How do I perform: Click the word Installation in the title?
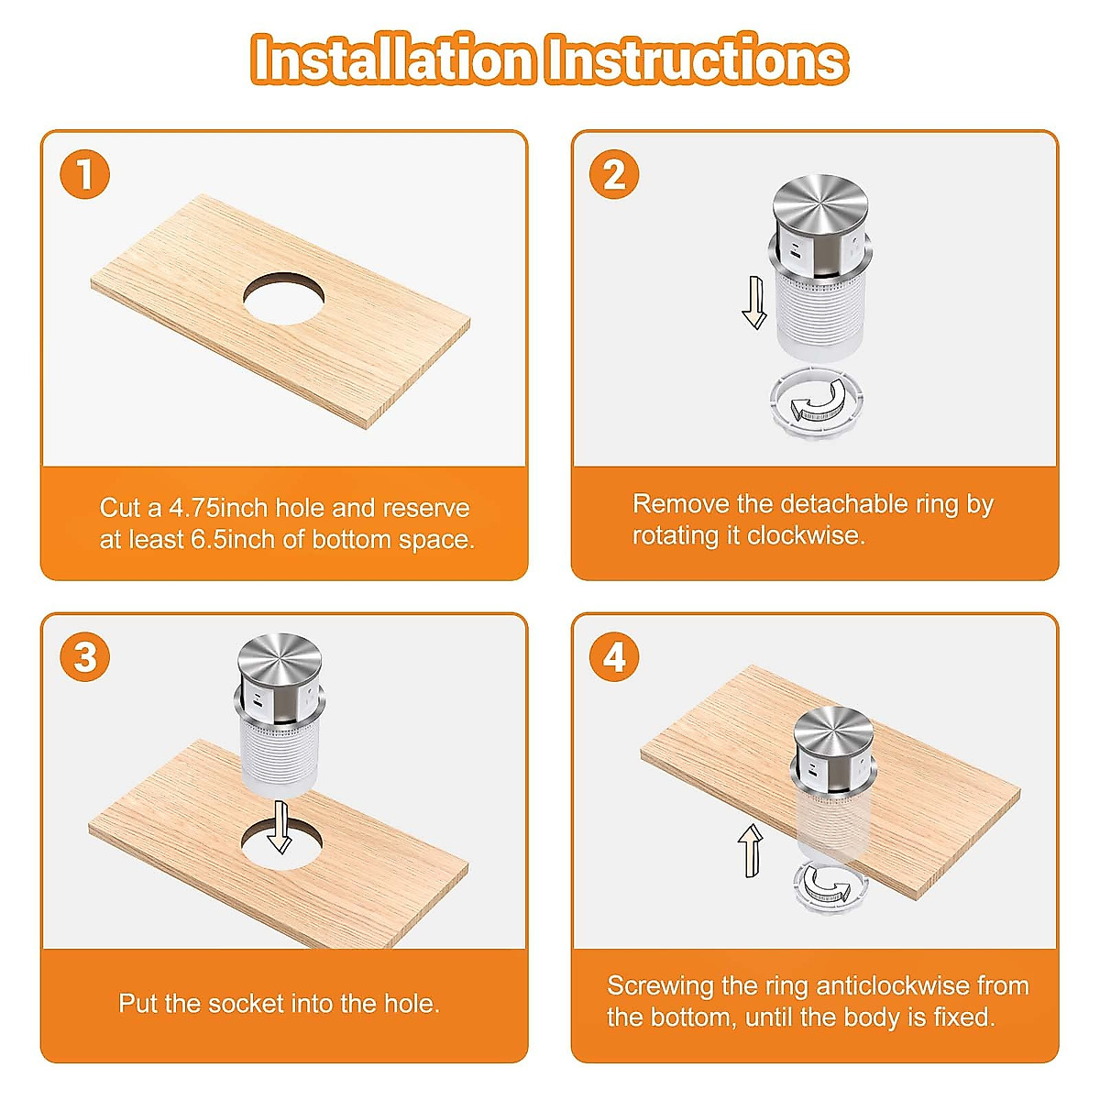coord(393,60)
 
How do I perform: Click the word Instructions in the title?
coord(697,60)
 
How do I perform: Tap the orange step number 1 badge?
coord(84,174)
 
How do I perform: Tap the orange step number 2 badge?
coord(614,174)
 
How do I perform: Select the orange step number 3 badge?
coord(84,656)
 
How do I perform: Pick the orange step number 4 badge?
coord(614,656)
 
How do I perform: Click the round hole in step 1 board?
coord(283,299)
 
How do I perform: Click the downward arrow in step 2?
coord(754,302)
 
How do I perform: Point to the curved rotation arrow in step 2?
coord(817,401)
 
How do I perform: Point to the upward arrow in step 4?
coord(751,851)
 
